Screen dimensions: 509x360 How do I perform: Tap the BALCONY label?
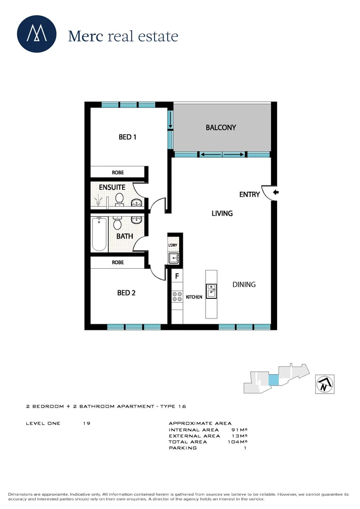221,127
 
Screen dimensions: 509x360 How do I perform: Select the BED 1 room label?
127,137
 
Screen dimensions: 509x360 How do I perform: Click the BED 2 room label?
126,293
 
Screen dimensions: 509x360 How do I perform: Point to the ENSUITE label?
112,187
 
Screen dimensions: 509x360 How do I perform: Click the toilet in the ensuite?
119,200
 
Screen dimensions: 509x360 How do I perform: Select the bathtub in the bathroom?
99,234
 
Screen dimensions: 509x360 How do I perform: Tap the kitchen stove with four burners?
177,297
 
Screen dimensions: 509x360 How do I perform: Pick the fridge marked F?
177,276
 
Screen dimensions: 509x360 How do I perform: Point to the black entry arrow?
276,192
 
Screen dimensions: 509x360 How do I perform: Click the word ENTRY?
249,194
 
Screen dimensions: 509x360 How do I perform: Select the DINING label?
244,284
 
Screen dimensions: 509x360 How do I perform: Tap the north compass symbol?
324,384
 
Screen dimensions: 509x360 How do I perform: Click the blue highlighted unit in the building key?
273,379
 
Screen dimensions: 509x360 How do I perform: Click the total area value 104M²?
238,442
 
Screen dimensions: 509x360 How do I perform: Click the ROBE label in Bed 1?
118,172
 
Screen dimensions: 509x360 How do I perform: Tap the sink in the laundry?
173,257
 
